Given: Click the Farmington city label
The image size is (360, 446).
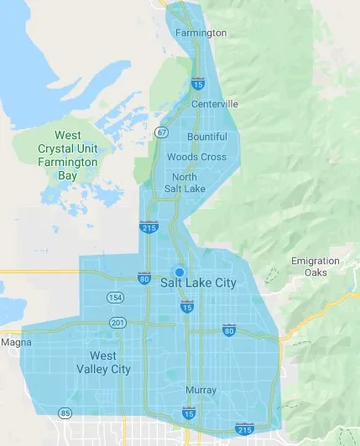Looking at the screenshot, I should click(201, 33).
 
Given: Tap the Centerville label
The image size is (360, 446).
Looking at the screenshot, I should click(215, 104).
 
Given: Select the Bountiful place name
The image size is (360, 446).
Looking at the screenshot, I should click(207, 137).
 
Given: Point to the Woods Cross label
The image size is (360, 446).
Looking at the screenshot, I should click(196, 157).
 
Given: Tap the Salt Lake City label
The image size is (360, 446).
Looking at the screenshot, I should click(198, 283).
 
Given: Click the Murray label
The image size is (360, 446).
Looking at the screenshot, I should click(201, 390).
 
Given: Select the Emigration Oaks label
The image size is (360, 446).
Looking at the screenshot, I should click(316, 267).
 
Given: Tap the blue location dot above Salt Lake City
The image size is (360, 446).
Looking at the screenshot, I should click(179, 272).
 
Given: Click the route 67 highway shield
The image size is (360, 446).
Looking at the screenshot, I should click(162, 132).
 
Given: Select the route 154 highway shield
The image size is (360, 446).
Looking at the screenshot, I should click(115, 298).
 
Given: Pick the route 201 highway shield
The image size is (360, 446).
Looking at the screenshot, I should click(117, 324).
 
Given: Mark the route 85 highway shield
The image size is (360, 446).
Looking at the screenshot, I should click(65, 412).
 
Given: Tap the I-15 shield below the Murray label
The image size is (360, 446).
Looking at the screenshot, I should click(189, 412).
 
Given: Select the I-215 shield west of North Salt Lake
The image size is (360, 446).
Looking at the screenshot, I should click(147, 227).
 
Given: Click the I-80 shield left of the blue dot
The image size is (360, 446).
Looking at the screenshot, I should click(145, 278).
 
